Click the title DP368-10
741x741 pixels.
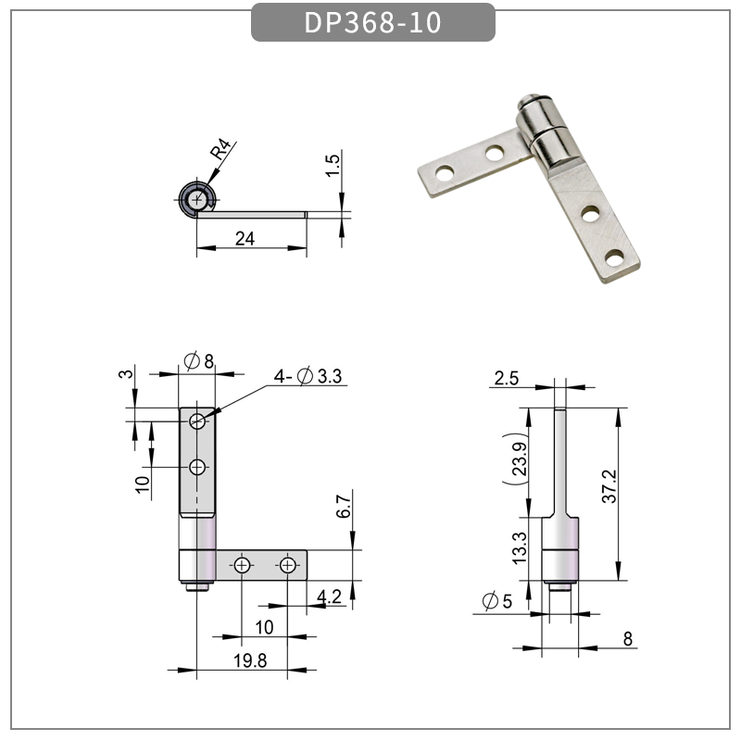pos(373,22)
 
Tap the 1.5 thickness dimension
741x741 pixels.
pos(334,167)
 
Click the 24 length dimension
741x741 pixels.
pos(245,238)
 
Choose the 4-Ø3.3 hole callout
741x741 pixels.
pos(308,376)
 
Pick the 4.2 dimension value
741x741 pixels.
pos(329,597)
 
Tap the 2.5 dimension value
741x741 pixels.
pos(507,377)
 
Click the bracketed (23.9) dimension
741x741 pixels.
pos(519,457)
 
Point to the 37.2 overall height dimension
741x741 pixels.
pos(609,486)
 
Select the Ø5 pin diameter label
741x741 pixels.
pos(496,601)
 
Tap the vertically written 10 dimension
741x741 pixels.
pos(143,484)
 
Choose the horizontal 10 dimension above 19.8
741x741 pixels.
pos(264,627)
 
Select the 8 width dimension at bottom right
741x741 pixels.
pos(627,639)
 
